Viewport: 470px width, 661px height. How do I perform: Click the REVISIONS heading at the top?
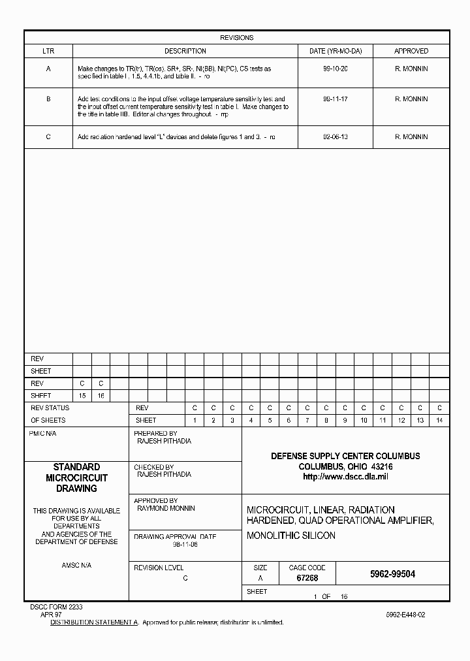236,38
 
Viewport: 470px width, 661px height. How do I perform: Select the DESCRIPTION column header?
185,51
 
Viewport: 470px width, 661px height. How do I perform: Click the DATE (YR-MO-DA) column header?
335,51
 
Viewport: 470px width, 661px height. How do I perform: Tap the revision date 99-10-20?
335,69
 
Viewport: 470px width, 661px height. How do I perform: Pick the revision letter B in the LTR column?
48,99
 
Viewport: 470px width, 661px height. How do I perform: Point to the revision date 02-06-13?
335,137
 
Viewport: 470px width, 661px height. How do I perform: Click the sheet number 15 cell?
82,396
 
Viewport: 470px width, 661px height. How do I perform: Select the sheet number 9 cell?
345,421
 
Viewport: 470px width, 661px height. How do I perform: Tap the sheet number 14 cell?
439,421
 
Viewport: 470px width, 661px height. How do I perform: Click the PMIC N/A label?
44,434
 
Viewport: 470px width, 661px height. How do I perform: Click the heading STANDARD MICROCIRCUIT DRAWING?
76,477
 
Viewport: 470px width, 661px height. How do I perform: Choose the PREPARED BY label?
155,434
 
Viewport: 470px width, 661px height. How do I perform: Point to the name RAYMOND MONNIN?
166,508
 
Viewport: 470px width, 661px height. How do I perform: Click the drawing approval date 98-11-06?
185,544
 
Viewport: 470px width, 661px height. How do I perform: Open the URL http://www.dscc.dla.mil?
345,477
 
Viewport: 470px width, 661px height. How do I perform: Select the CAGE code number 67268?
307,578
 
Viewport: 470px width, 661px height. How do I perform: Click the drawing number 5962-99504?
392,574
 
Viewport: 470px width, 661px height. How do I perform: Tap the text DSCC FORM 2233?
56,607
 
